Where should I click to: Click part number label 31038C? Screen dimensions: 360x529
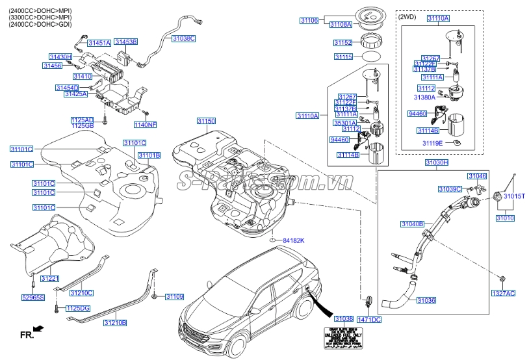[x=183, y=38]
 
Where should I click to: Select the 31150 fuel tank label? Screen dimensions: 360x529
[x=206, y=121]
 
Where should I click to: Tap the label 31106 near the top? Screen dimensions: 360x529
[x=309, y=21]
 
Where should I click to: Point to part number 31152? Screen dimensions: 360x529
[x=342, y=43]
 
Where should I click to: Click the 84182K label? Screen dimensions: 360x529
[x=293, y=241]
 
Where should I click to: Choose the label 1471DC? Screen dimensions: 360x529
[x=369, y=320]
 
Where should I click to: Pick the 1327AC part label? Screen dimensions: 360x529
[x=503, y=294]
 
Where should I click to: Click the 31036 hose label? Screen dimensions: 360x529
[x=426, y=301]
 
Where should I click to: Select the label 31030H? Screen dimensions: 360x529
[x=437, y=162]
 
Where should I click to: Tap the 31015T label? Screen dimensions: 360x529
[x=513, y=196]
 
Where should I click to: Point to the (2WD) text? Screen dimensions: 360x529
[x=407, y=18]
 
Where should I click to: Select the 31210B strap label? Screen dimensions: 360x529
[x=115, y=322]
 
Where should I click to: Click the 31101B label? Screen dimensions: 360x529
[x=148, y=155]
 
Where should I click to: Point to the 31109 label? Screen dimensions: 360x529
[x=174, y=297]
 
